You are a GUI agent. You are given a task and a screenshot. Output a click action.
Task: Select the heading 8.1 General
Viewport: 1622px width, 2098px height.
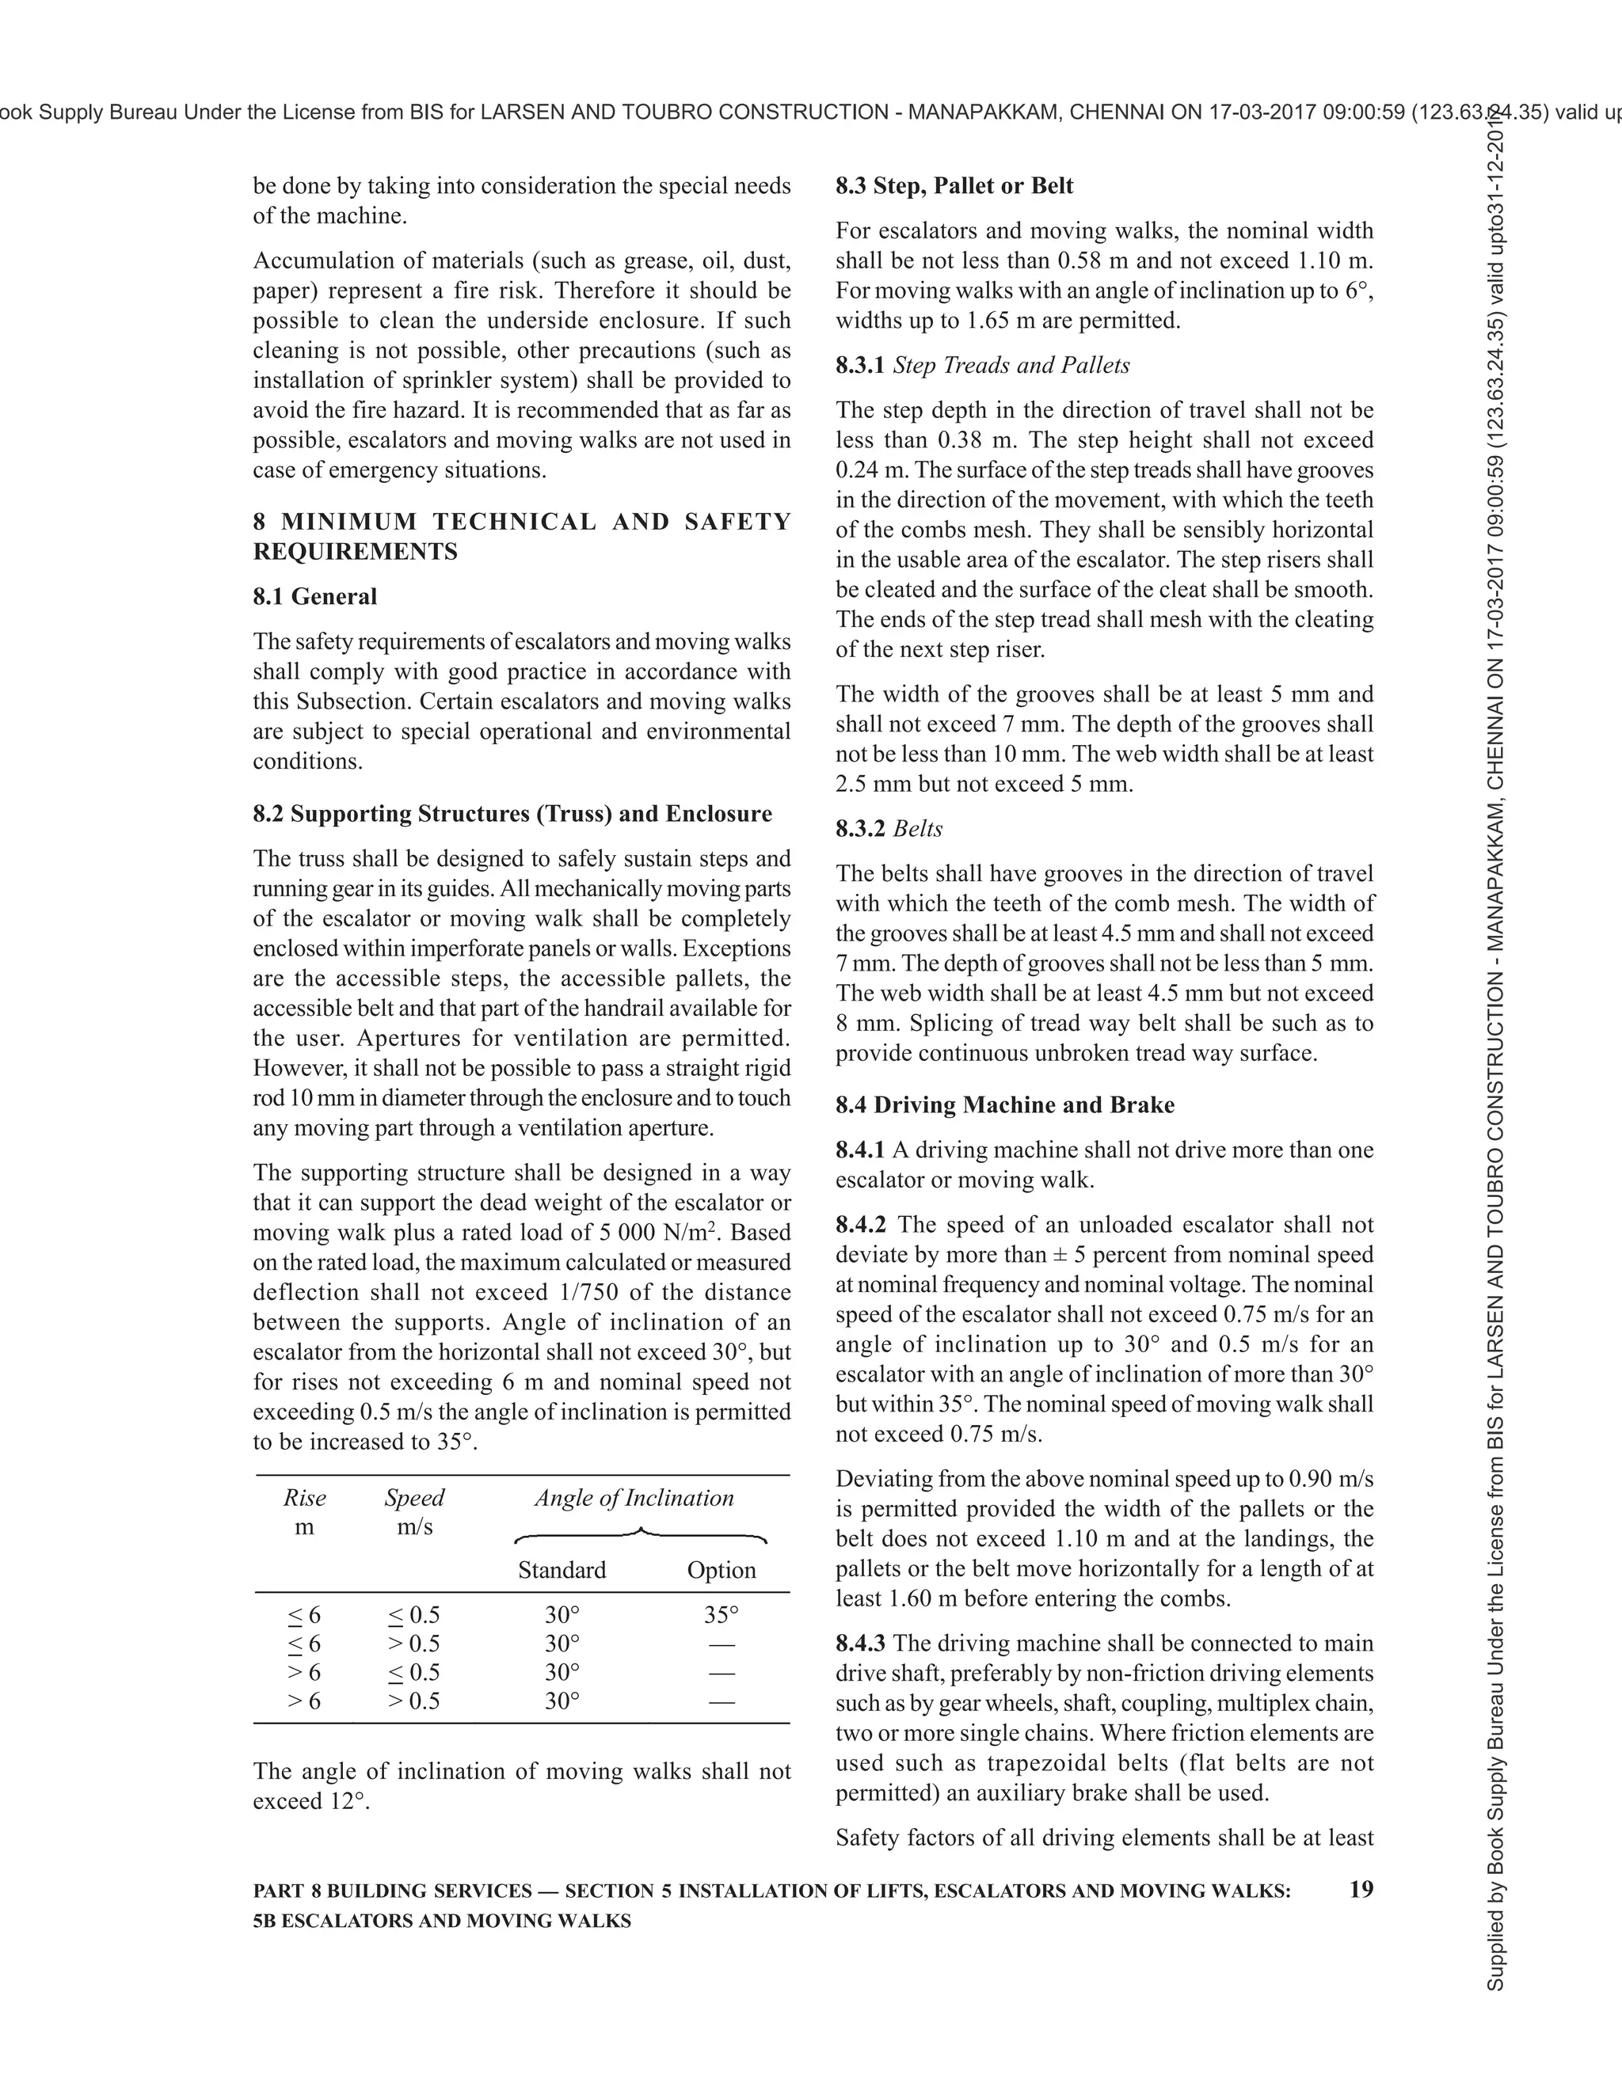point(314,597)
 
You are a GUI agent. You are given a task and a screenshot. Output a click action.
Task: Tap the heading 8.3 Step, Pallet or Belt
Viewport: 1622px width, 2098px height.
point(954,185)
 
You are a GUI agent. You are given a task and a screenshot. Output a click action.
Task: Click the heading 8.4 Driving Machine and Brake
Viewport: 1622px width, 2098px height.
point(1004,1104)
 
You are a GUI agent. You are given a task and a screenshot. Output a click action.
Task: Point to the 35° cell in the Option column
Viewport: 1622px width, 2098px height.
point(721,1615)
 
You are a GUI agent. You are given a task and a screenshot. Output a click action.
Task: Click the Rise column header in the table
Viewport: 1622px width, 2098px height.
point(305,1498)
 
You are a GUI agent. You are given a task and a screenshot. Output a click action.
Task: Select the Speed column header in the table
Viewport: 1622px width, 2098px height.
point(414,1498)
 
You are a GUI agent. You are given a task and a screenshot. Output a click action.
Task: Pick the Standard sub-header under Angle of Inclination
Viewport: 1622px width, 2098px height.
point(562,1570)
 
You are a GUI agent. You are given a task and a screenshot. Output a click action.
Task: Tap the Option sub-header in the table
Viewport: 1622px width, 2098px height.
point(721,1570)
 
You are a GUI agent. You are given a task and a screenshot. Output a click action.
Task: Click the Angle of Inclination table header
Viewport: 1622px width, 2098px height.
point(634,1498)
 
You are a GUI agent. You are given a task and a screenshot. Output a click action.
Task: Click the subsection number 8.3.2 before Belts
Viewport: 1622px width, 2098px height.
point(860,829)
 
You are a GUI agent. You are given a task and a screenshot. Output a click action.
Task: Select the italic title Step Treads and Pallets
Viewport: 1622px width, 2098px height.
point(1011,365)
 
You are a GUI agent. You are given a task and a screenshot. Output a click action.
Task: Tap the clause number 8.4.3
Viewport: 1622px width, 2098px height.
point(860,1644)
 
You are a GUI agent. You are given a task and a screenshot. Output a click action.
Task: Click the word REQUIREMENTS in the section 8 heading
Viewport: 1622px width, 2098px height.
point(355,551)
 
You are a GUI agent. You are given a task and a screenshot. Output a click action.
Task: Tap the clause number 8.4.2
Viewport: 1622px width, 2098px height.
point(860,1225)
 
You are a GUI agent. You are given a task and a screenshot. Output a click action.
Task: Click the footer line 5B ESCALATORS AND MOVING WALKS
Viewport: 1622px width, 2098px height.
point(441,1921)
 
